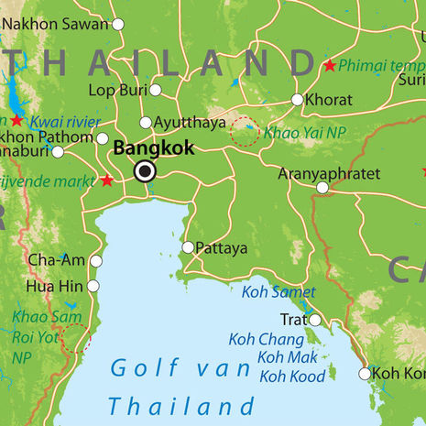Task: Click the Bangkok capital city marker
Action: (145, 171)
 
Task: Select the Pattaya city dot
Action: (188, 247)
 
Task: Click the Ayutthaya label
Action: (190, 122)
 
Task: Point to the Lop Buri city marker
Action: (156, 90)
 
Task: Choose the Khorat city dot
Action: (297, 99)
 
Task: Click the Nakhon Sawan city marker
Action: (117, 24)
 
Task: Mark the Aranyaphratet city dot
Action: (322, 188)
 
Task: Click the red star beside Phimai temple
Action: (329, 66)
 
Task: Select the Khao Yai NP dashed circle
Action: (245, 132)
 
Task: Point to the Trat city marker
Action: (314, 320)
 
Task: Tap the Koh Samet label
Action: (279, 292)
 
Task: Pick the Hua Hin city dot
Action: (93, 286)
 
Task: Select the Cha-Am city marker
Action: (95, 261)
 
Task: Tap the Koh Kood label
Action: (293, 376)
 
